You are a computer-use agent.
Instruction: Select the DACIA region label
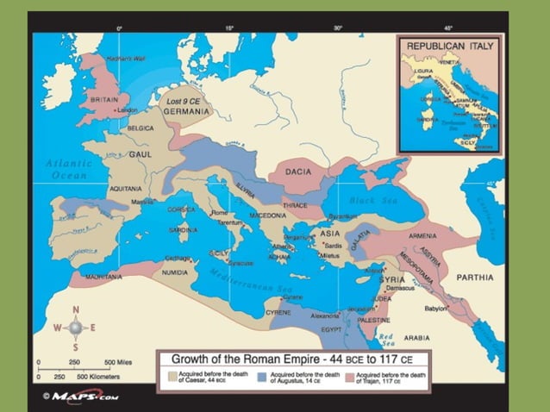point(298,172)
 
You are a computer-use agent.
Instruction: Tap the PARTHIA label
point(475,278)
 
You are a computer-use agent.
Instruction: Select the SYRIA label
point(392,280)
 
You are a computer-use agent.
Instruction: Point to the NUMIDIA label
point(174,272)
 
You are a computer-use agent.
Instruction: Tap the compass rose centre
point(75,328)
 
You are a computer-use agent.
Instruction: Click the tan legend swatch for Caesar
point(172,376)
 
